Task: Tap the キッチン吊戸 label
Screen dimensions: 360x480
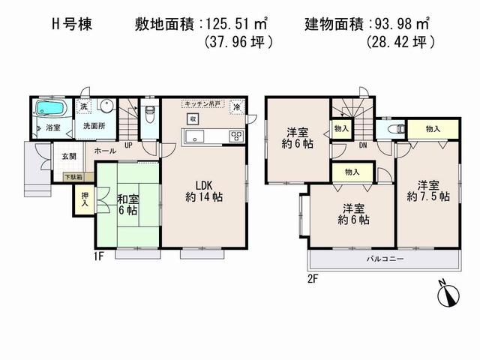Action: (204, 104)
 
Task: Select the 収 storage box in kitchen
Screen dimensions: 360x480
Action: (193, 119)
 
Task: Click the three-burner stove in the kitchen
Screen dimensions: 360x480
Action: (236, 136)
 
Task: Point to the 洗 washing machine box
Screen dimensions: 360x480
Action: (85, 107)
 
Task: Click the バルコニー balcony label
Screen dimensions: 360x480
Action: (385, 258)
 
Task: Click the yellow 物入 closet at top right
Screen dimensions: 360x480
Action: (433, 129)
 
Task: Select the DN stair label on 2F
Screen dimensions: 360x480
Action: (362, 145)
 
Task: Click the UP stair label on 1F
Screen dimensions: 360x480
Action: (128, 145)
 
